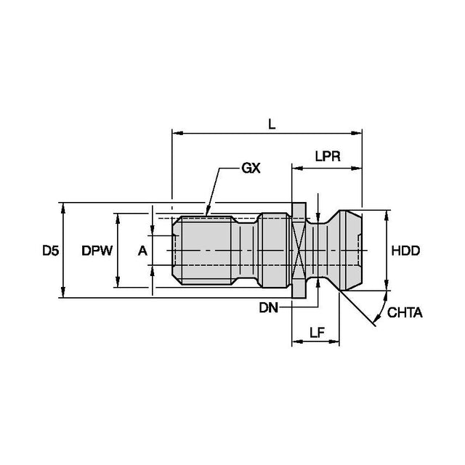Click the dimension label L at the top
272,124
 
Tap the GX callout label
251,168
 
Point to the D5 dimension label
49,251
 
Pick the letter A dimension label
142,251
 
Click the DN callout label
268,308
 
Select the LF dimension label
316,333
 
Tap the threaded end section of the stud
205,251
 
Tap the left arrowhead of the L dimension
175,133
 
